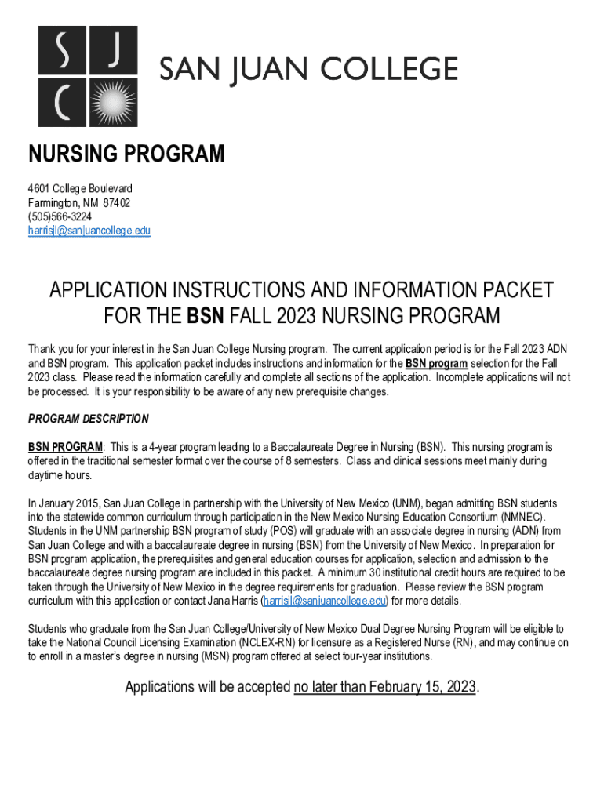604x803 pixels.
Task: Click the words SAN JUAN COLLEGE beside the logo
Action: [309, 69]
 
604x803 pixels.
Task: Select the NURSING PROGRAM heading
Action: [126, 154]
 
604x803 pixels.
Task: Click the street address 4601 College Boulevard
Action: [80, 188]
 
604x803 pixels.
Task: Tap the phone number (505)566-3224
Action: [60, 216]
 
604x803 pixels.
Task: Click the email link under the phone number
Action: [89, 231]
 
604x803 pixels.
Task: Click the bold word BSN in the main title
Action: [206, 316]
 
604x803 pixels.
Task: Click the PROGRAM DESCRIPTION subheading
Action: [88, 419]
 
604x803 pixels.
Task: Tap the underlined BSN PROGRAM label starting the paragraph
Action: [65, 447]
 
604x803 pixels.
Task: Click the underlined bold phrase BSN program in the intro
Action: [436, 364]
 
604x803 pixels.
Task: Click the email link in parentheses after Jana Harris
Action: [326, 601]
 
